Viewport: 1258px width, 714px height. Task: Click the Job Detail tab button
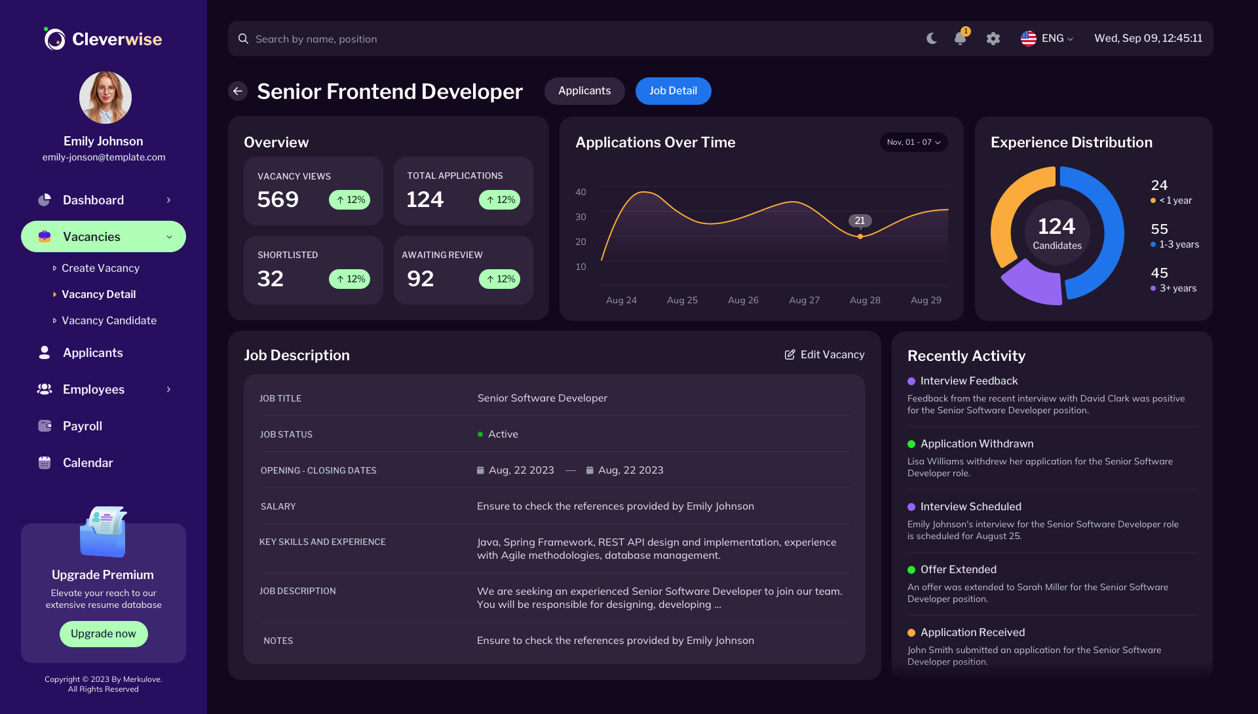tap(673, 91)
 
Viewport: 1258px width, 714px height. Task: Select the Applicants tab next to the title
tap(584, 91)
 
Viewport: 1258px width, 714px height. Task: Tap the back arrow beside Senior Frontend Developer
tap(238, 91)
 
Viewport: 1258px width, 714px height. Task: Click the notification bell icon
tap(960, 39)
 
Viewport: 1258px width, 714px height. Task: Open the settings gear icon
tap(993, 39)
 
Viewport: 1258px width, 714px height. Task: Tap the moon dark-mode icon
tap(931, 39)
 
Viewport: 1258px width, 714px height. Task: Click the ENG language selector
tap(1047, 39)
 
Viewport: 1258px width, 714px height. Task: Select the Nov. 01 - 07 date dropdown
tap(913, 142)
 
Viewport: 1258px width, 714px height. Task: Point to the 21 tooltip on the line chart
tap(860, 221)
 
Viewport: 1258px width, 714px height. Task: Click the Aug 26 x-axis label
tap(743, 300)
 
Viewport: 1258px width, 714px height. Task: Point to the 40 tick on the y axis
tap(581, 192)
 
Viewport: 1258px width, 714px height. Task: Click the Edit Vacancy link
tap(824, 354)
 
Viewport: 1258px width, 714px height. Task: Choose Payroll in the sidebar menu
tap(83, 426)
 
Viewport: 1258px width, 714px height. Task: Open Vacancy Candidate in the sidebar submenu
tap(109, 320)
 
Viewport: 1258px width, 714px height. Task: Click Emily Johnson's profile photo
tap(105, 98)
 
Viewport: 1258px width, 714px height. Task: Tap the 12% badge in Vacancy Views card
tap(349, 200)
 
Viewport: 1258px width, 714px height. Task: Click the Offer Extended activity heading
tap(958, 569)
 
